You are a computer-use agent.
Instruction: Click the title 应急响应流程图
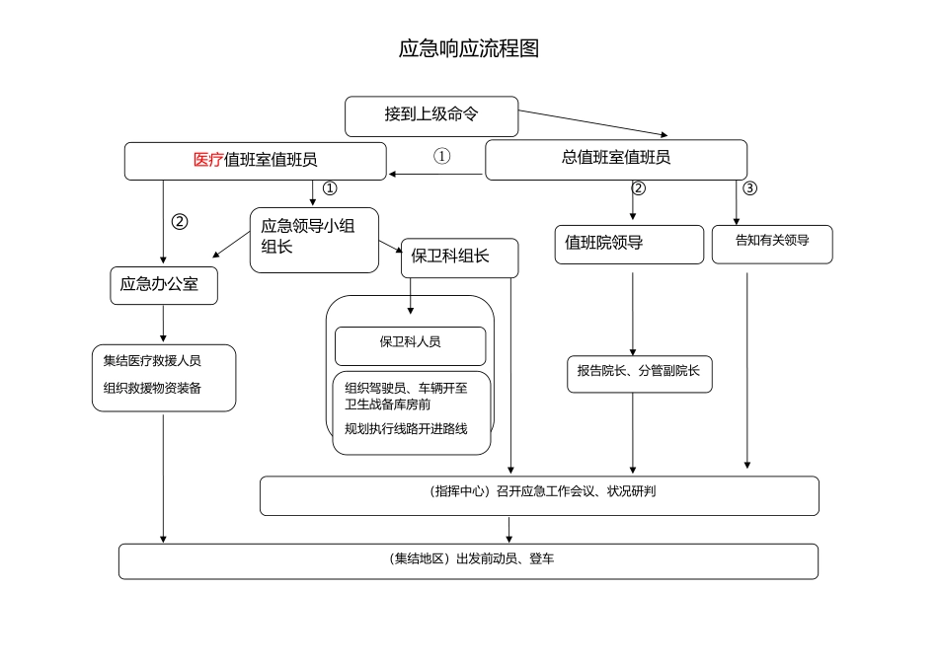[468, 49]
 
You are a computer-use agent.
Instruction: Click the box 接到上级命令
[431, 115]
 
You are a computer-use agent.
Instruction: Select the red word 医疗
[208, 160]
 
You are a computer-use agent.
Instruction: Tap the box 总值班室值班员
[615, 159]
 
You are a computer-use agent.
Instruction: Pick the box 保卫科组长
[458, 258]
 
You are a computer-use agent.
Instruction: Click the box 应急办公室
[163, 285]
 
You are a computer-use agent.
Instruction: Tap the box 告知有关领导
[771, 242]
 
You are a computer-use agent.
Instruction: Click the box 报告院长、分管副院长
[638, 372]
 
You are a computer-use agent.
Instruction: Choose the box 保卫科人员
[410, 343]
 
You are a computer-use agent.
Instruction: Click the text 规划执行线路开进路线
[405, 428]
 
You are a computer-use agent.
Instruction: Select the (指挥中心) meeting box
[539, 494]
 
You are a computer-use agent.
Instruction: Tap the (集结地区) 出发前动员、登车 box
[468, 560]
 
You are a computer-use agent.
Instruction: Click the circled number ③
[749, 188]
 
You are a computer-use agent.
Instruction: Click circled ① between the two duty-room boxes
[442, 156]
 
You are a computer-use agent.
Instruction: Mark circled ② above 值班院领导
[639, 188]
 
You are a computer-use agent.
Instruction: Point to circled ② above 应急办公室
[179, 222]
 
